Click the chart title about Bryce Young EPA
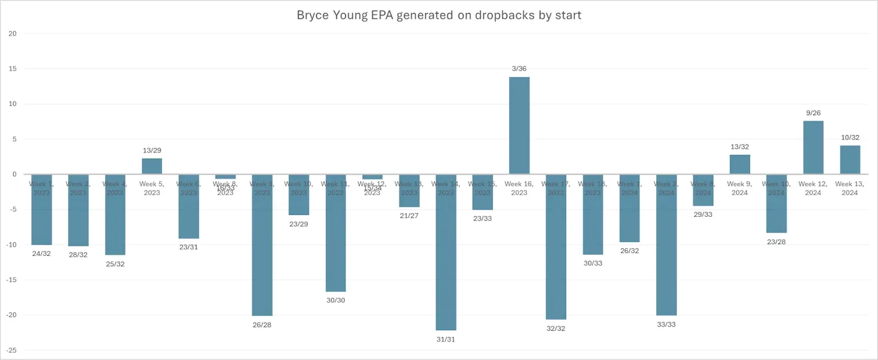point(439,15)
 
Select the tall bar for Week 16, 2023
point(519,126)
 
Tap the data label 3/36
point(519,69)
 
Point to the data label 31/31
point(446,339)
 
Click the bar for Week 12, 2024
point(813,148)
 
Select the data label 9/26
point(813,113)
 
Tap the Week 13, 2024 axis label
point(849,188)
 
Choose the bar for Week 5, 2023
point(152,166)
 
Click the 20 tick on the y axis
point(13,33)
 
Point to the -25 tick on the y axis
point(12,350)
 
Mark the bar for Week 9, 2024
point(740,165)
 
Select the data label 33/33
point(666,324)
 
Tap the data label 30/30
point(336,300)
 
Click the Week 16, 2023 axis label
point(519,188)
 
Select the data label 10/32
point(850,138)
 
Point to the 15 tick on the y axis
point(13,69)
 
